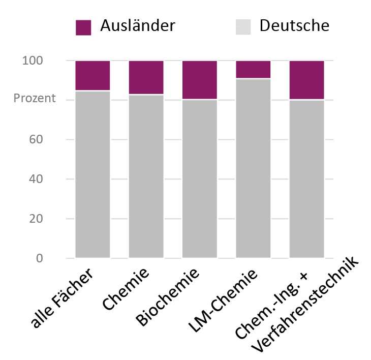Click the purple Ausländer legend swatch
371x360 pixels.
click(x=83, y=27)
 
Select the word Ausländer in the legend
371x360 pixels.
click(x=138, y=25)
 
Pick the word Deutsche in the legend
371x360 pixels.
click(x=294, y=25)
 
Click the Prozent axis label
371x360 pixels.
click(x=35, y=98)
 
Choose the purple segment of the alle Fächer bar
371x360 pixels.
click(x=92, y=75)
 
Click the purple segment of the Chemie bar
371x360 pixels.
click(x=146, y=77)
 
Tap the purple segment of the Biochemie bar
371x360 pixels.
click(x=200, y=80)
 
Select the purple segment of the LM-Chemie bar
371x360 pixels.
click(x=253, y=70)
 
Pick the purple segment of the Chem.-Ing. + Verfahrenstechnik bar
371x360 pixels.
click(x=307, y=80)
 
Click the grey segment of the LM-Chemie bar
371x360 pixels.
click(x=253, y=168)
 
